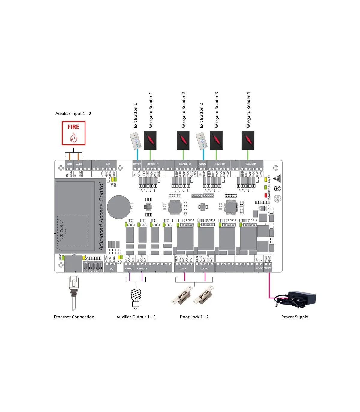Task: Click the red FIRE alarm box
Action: [73, 133]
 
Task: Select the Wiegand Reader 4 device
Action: [248, 140]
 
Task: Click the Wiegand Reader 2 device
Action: [183, 140]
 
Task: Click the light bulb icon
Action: [136, 298]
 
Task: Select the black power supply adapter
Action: [300, 299]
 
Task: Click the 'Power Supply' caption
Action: [295, 317]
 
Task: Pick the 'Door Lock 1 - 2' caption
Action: [194, 317]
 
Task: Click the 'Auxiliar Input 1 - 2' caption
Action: [73, 114]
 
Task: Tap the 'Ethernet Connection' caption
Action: [74, 317]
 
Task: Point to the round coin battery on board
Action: [119, 207]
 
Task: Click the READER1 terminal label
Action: [153, 164]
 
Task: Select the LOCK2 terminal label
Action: [204, 268]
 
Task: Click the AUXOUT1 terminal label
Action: [130, 268]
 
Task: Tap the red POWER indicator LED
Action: [265, 195]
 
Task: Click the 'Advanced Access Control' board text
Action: [101, 216]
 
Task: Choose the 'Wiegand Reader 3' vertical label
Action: [217, 110]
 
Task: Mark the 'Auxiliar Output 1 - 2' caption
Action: [136, 317]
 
